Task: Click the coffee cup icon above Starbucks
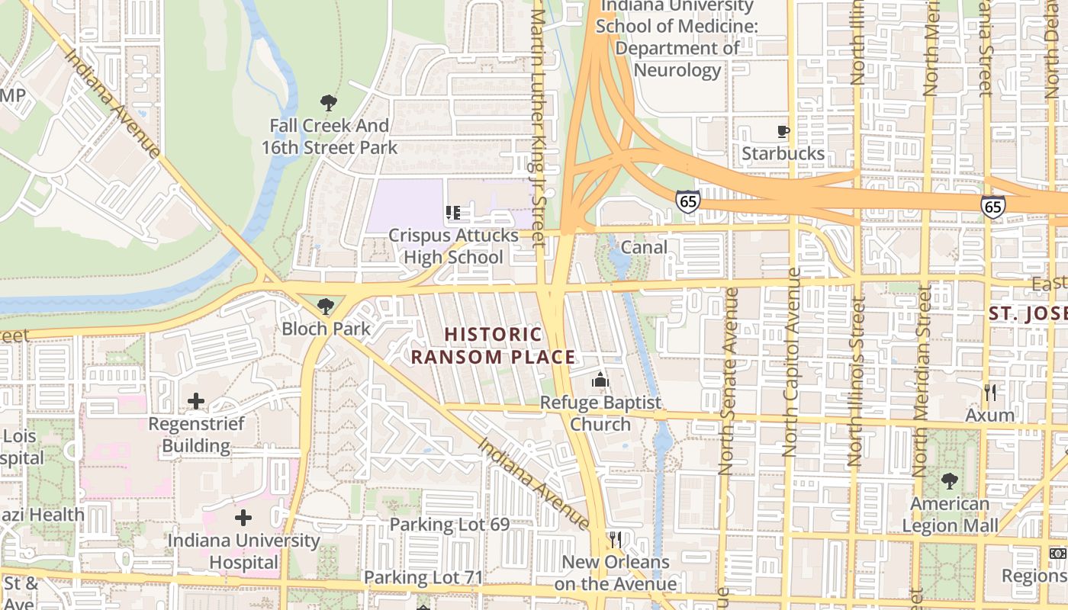pos(783,131)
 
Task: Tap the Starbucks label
pos(783,154)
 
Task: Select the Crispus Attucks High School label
pos(453,246)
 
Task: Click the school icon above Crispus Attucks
pos(453,213)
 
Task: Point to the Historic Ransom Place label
pos(493,345)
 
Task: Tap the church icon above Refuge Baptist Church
pos(600,379)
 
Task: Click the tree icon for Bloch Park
pos(326,307)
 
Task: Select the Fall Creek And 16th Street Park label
pos(330,136)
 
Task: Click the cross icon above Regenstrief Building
pos(196,400)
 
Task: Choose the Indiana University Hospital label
pos(243,551)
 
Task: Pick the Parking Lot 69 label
pos(449,525)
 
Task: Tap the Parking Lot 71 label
pos(423,577)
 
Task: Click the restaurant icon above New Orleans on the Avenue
pos(615,540)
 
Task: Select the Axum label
pos(990,416)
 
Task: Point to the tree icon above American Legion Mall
pos(950,481)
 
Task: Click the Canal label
pos(644,247)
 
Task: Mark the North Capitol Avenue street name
pos(792,362)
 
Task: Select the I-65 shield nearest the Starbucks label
pos(687,201)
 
